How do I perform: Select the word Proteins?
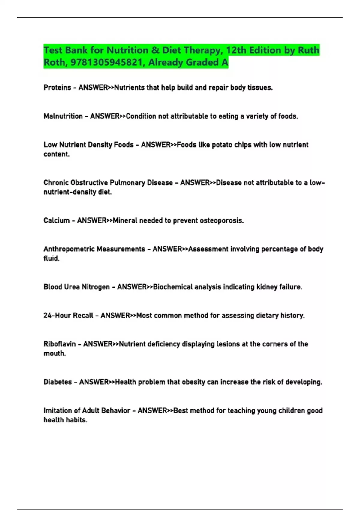[57, 88]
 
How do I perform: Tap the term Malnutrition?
[63, 116]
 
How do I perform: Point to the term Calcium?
[56, 220]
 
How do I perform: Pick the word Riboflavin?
[60, 344]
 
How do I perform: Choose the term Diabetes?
[58, 382]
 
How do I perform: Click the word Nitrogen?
[96, 287]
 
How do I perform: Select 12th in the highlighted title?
[236, 50]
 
